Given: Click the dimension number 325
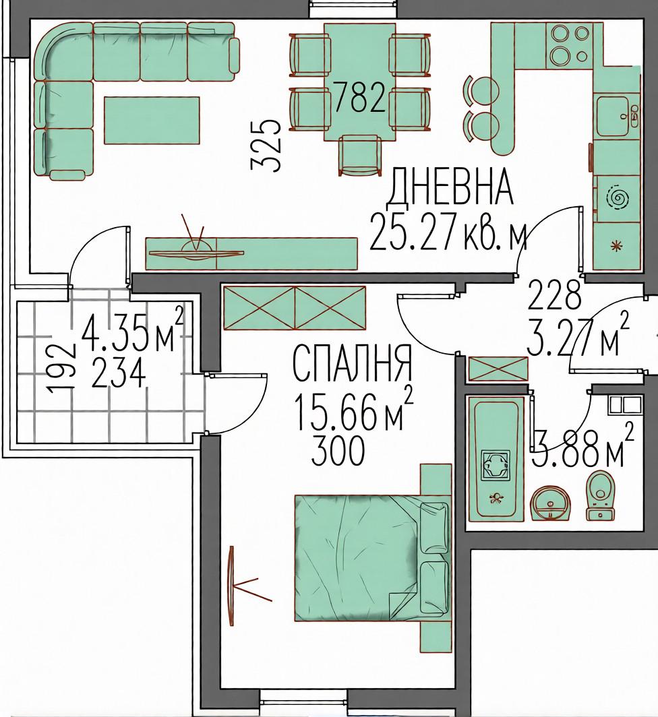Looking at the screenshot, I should (266, 146).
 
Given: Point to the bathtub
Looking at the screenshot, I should (496, 460).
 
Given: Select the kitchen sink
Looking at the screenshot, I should (617, 117).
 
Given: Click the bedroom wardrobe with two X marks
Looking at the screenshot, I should (294, 308).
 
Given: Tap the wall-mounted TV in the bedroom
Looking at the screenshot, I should (233, 578).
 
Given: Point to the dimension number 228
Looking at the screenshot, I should (554, 293).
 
